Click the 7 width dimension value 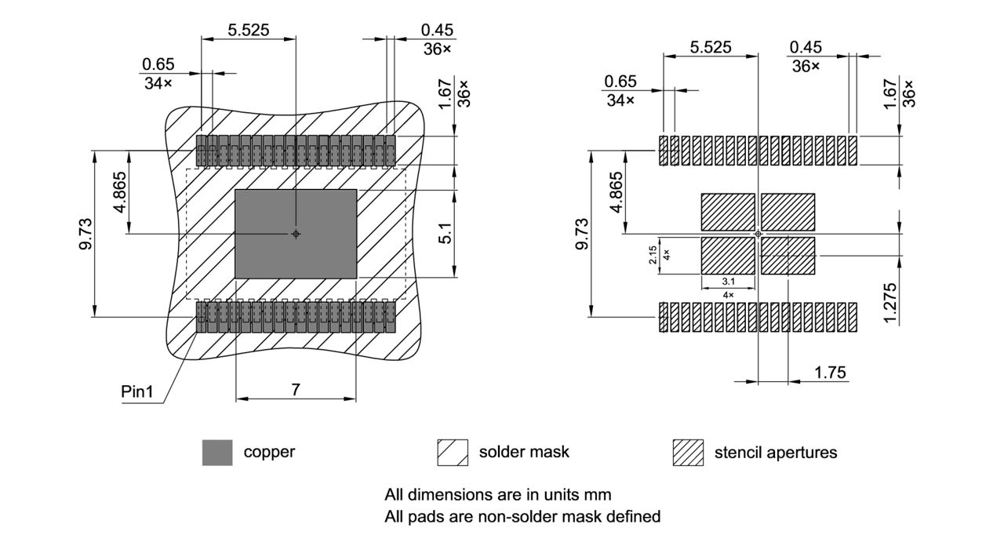[x=296, y=389]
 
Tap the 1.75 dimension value [x=831, y=373]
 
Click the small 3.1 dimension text [x=727, y=282]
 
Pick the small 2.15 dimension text [x=653, y=257]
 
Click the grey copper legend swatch [x=217, y=453]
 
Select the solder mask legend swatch [x=453, y=453]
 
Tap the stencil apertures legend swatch [x=688, y=453]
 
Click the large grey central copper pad [x=296, y=234]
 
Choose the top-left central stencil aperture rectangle [x=727, y=211]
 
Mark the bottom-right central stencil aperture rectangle [x=788, y=256]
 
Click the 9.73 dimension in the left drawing [x=86, y=234]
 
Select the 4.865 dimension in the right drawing [x=617, y=191]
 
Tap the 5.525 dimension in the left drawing [x=249, y=30]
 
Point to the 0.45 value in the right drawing [x=805, y=49]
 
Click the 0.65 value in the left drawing [x=158, y=64]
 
